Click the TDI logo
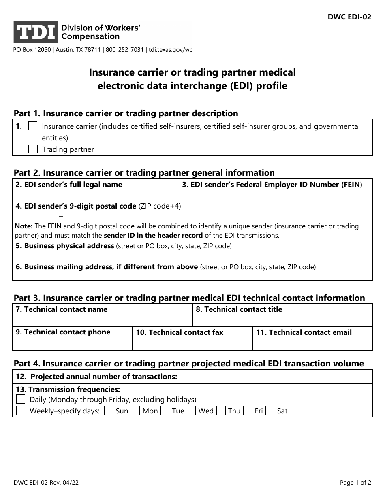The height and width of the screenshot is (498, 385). click(36, 32)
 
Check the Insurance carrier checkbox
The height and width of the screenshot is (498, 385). click(33, 126)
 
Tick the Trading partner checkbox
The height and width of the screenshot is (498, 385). click(33, 149)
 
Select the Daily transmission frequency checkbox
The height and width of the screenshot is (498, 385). click(21, 399)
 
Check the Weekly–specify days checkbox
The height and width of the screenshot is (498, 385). click(21, 411)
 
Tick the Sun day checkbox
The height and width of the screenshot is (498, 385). click(108, 411)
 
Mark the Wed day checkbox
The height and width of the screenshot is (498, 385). click(192, 411)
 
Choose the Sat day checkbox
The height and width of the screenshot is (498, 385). click(270, 411)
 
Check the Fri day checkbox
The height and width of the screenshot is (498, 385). click(248, 411)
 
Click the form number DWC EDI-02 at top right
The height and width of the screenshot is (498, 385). click(349, 18)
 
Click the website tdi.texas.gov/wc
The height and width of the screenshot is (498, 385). click(171, 50)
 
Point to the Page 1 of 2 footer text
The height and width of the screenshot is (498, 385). click(355, 482)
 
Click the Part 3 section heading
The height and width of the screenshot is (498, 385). click(189, 298)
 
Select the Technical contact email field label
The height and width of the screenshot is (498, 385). click(304, 332)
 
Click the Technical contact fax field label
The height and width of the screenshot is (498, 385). click(180, 332)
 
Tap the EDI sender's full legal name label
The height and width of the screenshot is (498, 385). click(69, 185)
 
